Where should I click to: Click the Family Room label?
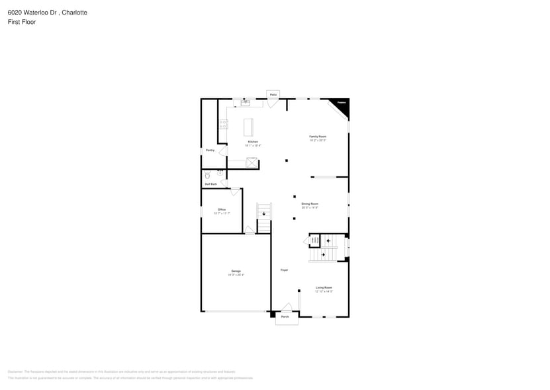pos(318,137)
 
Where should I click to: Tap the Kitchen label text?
pos(253,142)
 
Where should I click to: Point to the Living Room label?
pos(324,288)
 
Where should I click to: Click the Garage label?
pos(236,271)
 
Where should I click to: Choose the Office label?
pos(222,210)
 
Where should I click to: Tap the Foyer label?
pos(284,270)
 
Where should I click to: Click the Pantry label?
pos(210,150)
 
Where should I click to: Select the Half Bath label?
pos(210,184)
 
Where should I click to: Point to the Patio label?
pos(273,95)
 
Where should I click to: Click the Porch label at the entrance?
pos(285,317)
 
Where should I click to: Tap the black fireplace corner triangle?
pos(342,104)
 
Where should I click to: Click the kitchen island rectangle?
pos(249,127)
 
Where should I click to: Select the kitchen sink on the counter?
pos(245,102)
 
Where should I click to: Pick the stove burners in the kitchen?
pos(224,124)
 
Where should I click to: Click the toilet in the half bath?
pos(207,175)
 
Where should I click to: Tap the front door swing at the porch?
pos(287,307)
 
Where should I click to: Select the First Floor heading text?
pos(23,22)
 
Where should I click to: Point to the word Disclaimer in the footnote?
pos(15,371)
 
